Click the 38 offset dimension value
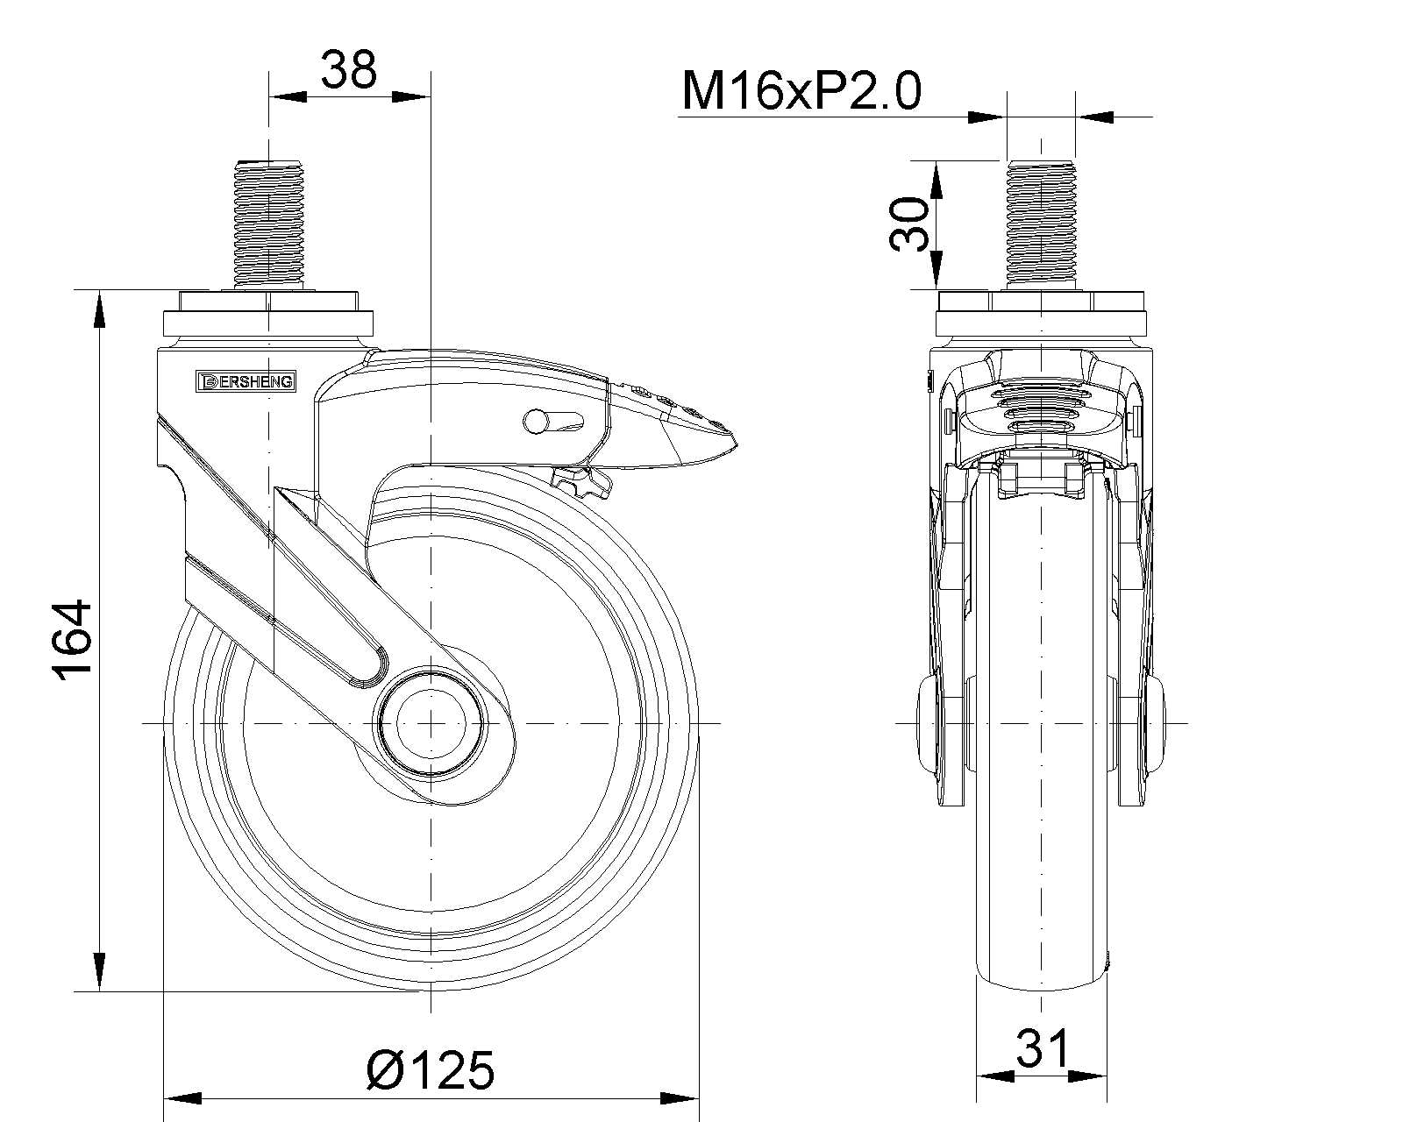349,70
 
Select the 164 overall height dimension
72,641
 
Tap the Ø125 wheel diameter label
431,1070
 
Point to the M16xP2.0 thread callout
801,90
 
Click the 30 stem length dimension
908,224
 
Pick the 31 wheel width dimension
1043,1047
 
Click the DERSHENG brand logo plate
246,381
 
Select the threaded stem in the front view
1041,224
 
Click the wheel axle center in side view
431,723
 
